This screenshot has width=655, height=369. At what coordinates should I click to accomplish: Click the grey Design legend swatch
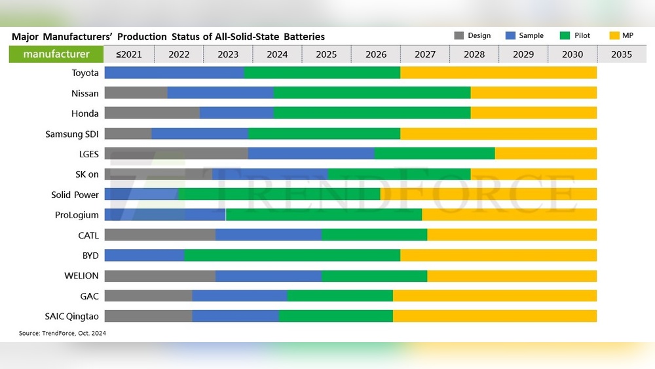(459, 35)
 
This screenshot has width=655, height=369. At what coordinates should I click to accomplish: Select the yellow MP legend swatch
(614, 35)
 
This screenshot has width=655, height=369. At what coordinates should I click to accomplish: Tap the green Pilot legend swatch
(566, 35)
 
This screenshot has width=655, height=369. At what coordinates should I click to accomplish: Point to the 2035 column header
(621, 54)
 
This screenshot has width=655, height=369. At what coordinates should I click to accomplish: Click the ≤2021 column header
(130, 54)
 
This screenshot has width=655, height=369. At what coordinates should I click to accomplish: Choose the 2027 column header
(424, 54)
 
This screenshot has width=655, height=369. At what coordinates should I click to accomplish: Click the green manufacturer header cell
(56, 54)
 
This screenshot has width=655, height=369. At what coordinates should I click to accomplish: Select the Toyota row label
(85, 73)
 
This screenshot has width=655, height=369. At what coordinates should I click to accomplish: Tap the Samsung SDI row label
(72, 134)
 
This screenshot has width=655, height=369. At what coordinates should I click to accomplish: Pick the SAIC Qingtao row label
(72, 316)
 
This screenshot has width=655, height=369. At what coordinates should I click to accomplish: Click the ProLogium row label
(77, 214)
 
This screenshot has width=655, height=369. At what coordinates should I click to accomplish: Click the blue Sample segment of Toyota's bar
(174, 73)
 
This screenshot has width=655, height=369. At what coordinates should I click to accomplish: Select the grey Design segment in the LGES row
(176, 154)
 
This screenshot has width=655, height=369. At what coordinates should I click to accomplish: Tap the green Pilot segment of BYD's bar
(292, 255)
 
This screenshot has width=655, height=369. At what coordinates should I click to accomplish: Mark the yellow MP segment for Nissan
(533, 93)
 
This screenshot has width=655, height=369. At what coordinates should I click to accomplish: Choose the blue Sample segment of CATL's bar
(269, 235)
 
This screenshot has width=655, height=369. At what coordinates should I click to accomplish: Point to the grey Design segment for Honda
(152, 113)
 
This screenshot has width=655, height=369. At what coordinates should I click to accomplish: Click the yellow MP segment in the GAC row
(495, 296)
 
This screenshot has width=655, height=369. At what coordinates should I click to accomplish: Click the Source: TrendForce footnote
(62, 334)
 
